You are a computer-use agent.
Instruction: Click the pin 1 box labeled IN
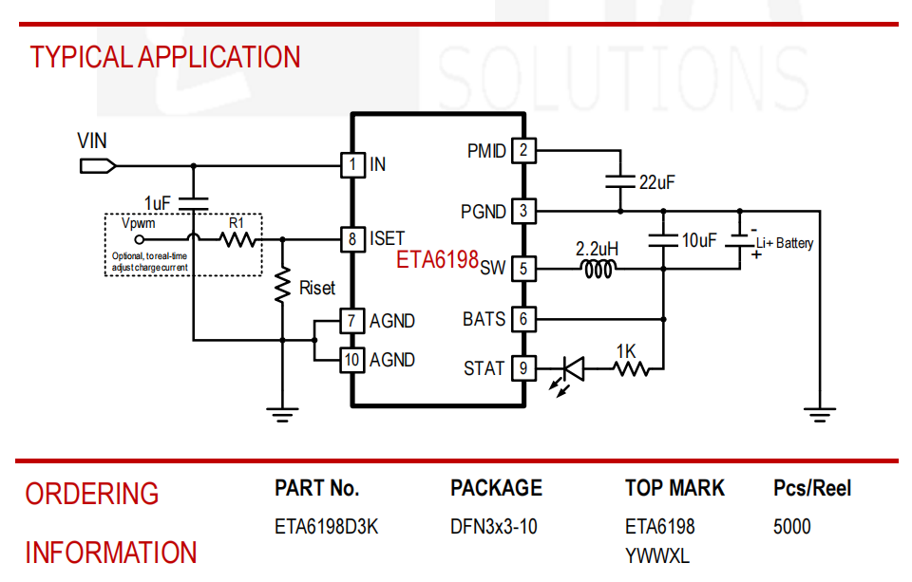click(x=352, y=165)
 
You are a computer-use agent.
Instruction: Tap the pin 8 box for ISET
click(x=352, y=239)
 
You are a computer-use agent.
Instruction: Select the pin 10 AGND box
click(x=352, y=360)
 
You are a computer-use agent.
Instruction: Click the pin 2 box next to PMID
click(x=523, y=151)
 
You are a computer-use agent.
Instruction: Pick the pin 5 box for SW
click(x=523, y=269)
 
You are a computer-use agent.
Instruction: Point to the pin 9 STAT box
click(x=523, y=368)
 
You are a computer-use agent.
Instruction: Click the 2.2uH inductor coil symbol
click(x=598, y=269)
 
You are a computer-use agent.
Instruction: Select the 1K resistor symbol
click(x=632, y=368)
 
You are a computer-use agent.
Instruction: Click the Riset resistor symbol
click(x=283, y=285)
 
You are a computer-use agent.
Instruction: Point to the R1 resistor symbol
click(x=237, y=239)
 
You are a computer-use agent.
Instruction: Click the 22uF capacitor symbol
click(x=620, y=181)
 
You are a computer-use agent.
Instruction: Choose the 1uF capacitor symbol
click(x=193, y=203)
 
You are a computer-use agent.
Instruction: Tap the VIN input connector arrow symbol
click(x=98, y=166)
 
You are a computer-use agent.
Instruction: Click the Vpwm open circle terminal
click(x=139, y=239)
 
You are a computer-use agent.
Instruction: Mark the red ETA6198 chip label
click(x=437, y=259)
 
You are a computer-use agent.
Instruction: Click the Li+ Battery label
click(x=785, y=243)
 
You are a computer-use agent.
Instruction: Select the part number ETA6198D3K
click(x=326, y=527)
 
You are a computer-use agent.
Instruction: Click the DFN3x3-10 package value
click(x=494, y=527)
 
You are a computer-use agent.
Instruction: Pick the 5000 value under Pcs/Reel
click(x=791, y=527)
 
